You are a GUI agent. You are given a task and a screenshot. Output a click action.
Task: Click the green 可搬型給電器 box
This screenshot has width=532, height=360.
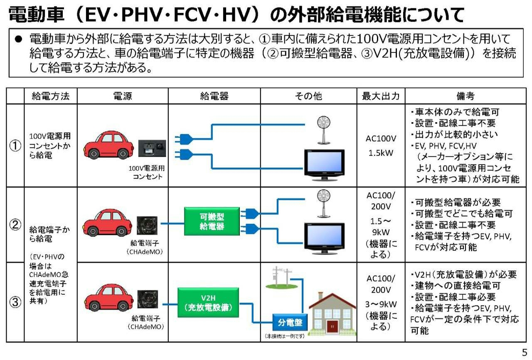(212, 221)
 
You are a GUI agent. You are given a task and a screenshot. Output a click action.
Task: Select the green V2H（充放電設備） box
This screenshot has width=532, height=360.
(208, 303)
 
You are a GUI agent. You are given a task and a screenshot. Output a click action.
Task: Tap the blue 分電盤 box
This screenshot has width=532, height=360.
(290, 323)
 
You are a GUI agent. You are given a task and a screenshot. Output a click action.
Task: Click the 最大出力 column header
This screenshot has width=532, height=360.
(381, 96)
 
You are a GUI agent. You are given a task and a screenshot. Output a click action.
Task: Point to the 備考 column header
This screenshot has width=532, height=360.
(465, 96)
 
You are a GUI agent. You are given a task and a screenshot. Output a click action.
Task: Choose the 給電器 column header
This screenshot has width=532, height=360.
(214, 96)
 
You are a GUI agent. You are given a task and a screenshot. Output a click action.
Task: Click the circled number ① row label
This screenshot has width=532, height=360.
(15, 145)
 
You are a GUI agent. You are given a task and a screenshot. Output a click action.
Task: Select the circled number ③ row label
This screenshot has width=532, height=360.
(15, 302)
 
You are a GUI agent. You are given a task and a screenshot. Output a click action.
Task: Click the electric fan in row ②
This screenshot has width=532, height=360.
(323, 203)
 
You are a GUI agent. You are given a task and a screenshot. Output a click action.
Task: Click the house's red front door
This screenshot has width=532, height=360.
(332, 326)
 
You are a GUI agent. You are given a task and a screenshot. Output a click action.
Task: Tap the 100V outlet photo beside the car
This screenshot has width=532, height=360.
(152, 148)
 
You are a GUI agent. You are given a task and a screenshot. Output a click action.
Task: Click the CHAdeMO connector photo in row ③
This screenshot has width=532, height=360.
(148, 299)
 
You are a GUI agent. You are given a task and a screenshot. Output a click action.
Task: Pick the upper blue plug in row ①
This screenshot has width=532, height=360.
(184, 139)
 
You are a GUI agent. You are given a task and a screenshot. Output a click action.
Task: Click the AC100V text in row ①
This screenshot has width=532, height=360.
(381, 138)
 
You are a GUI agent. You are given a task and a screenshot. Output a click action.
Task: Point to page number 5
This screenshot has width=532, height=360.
(525, 353)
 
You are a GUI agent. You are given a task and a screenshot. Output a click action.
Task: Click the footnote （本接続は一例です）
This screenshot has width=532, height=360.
(285, 336)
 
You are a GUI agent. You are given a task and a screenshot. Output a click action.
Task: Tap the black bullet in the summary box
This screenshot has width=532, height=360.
(18, 39)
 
